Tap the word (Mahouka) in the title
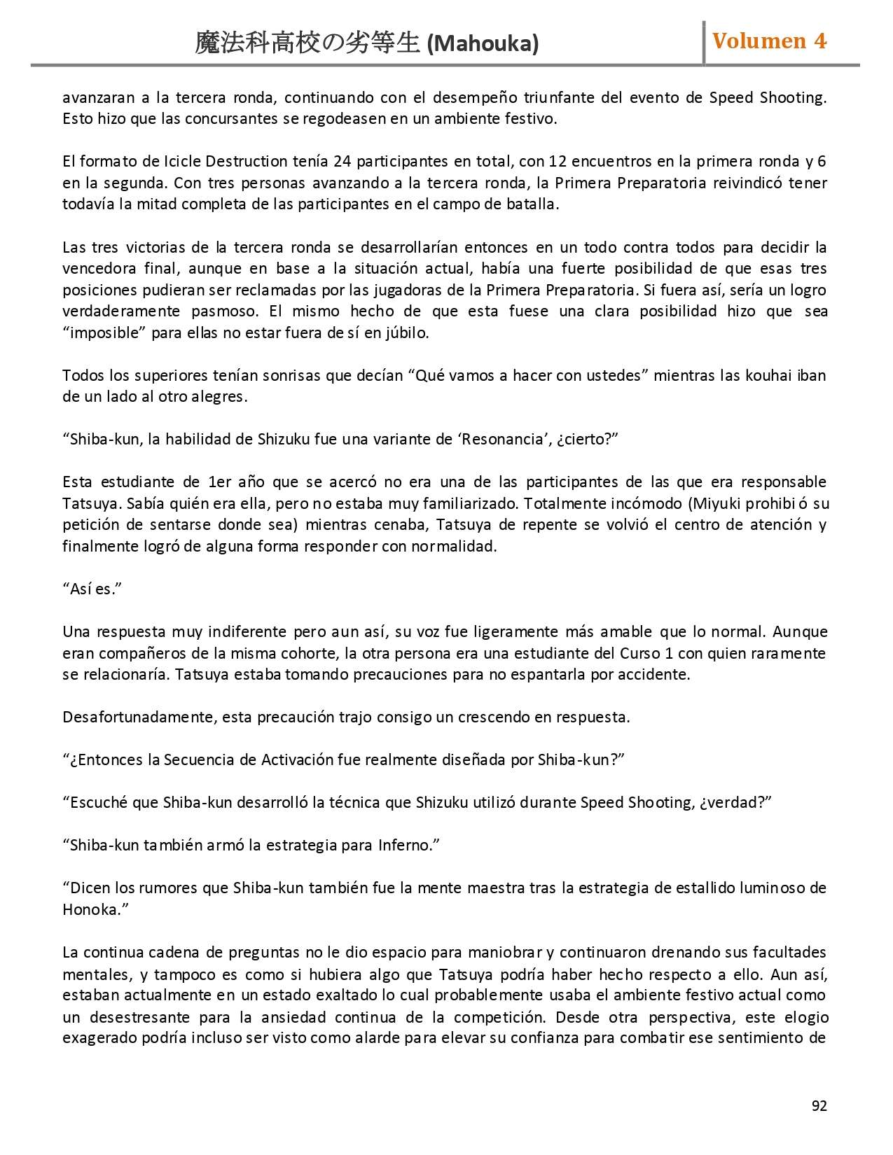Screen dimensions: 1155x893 pyautogui.click(x=483, y=43)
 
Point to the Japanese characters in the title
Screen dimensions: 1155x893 pyautogui.click(x=308, y=43)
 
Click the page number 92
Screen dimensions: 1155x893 pyautogui.click(x=819, y=1106)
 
